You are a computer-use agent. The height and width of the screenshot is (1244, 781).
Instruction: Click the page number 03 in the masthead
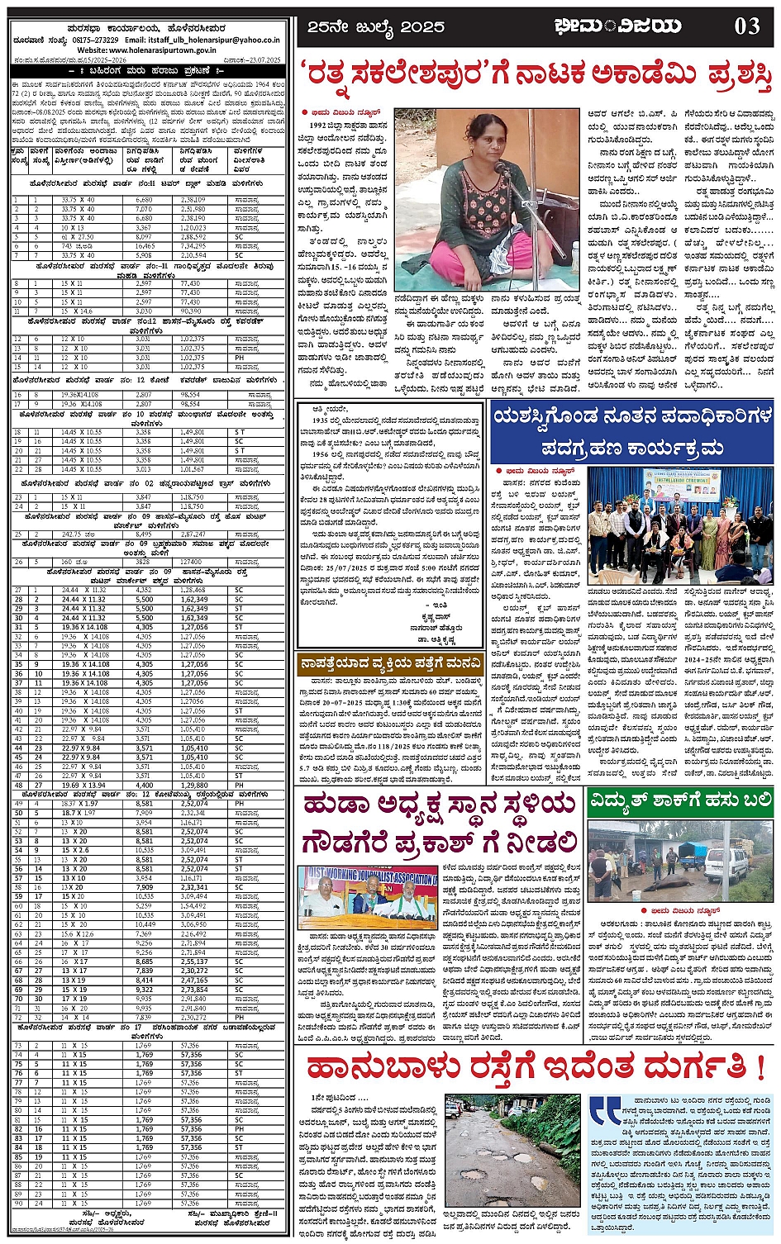point(747,27)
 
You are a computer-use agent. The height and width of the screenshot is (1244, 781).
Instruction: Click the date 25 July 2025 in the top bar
point(375,27)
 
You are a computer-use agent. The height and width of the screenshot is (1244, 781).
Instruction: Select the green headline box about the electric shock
point(680,800)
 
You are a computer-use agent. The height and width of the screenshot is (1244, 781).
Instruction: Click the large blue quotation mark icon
point(604,1109)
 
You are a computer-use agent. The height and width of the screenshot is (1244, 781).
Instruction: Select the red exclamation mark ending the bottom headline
point(760,1067)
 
